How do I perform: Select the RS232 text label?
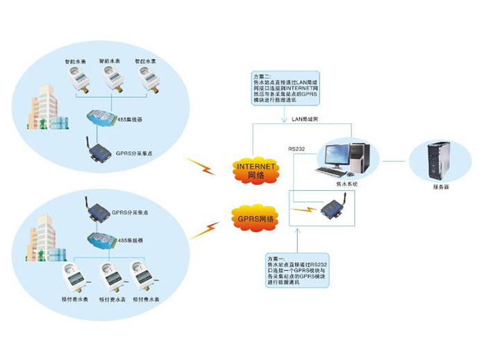click(297, 148)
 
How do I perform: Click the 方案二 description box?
click(285, 90)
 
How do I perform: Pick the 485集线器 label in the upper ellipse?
click(130, 119)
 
